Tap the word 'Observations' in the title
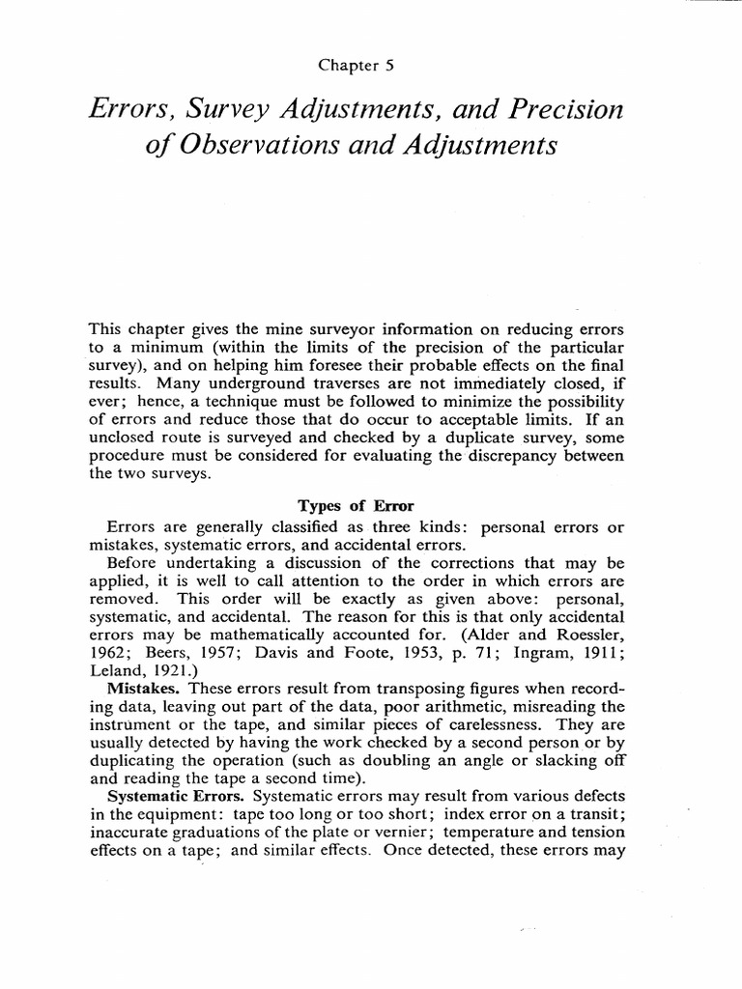coord(254,148)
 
